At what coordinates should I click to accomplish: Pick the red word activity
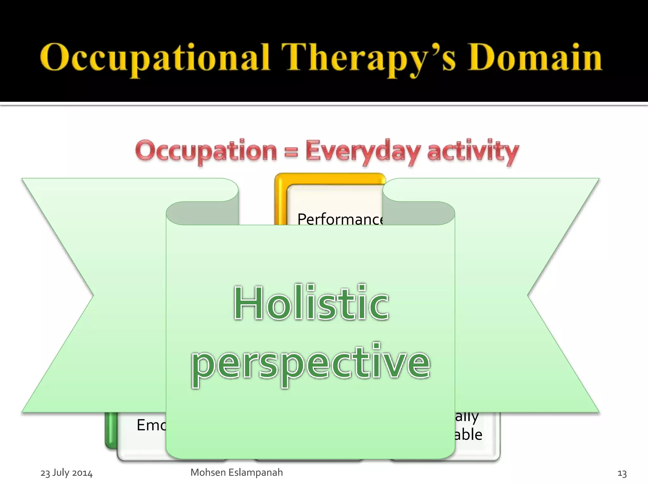tap(473, 151)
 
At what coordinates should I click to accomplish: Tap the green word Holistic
tap(311, 303)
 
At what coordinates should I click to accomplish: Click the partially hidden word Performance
tap(340, 219)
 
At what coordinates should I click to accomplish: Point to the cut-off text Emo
tap(151, 425)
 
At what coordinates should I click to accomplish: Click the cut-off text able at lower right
tap(468, 434)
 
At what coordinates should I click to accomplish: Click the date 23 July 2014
tap(66, 473)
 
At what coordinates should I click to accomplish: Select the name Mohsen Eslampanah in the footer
tap(236, 472)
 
